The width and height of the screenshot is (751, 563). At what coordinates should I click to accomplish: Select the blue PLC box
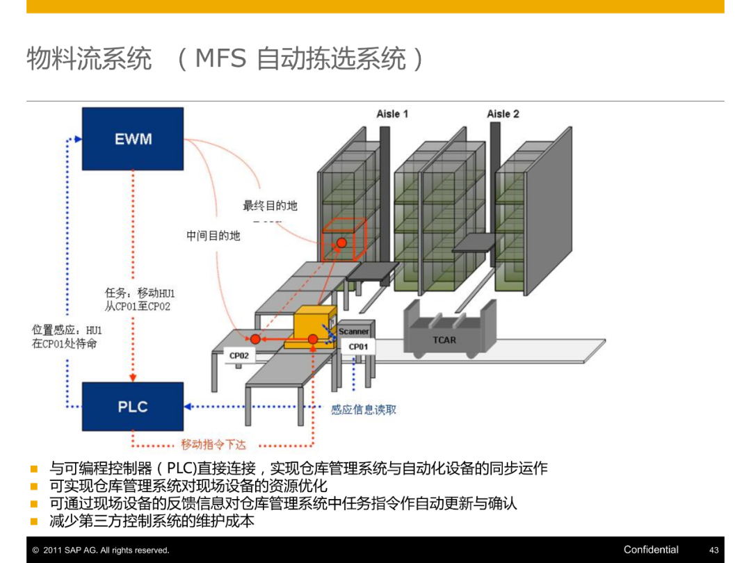tap(133, 406)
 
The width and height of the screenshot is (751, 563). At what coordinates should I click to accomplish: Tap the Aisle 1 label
tap(392, 114)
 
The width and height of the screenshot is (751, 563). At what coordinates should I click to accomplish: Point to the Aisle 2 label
tap(503, 114)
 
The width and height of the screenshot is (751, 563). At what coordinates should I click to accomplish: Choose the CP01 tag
tap(358, 346)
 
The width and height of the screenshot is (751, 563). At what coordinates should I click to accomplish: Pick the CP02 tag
tap(239, 355)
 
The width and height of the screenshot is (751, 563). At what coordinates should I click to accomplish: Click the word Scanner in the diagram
tap(354, 332)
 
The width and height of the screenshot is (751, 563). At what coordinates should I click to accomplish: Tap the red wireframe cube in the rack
tap(343, 240)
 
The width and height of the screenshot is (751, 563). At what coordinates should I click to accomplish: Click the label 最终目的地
tap(270, 206)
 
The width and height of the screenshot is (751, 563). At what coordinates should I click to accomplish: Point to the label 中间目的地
tap(213, 236)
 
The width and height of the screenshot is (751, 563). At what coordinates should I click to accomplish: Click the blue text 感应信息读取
tap(364, 409)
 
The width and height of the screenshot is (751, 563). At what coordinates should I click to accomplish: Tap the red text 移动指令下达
tap(213, 444)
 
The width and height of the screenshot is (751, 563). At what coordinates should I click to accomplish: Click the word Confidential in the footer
tap(651, 550)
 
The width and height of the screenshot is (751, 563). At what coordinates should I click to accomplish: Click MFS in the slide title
tap(220, 59)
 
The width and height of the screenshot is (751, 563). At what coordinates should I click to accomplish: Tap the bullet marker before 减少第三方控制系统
tap(33, 521)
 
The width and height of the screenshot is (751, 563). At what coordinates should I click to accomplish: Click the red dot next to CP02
tap(255, 338)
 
